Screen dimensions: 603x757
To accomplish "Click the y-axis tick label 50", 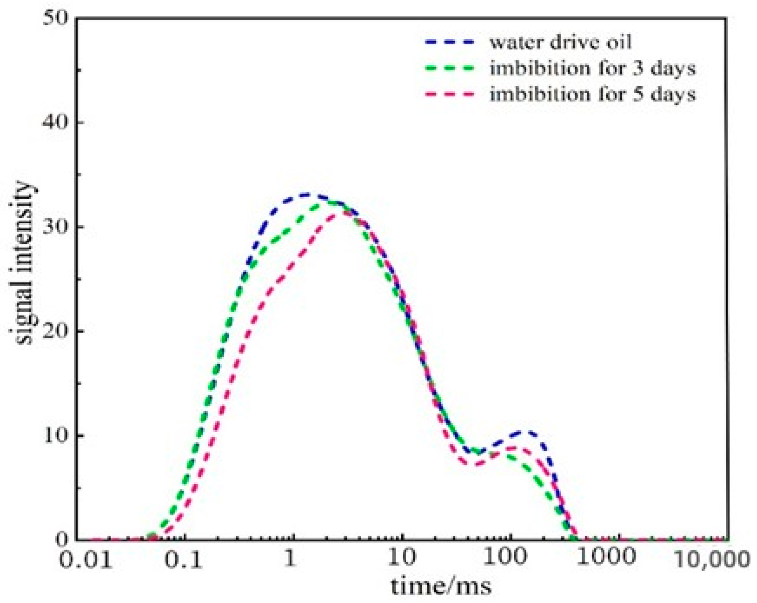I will (56, 19).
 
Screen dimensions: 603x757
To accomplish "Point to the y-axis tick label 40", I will (56, 123).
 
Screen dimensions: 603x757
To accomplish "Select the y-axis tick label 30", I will (56, 227).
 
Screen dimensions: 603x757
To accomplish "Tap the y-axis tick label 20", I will (56, 332).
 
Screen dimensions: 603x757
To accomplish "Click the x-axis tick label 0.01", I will (85, 559).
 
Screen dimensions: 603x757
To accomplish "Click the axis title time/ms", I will (441, 586).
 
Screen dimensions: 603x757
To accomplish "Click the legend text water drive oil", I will (561, 42).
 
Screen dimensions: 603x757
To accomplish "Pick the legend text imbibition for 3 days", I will (592, 68).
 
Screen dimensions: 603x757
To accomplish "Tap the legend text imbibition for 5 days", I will (592, 94).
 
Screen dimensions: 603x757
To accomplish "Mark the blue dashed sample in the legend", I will (450, 42).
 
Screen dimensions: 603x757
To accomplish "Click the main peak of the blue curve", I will (306, 195).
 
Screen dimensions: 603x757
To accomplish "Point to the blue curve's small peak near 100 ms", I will (525, 432).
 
